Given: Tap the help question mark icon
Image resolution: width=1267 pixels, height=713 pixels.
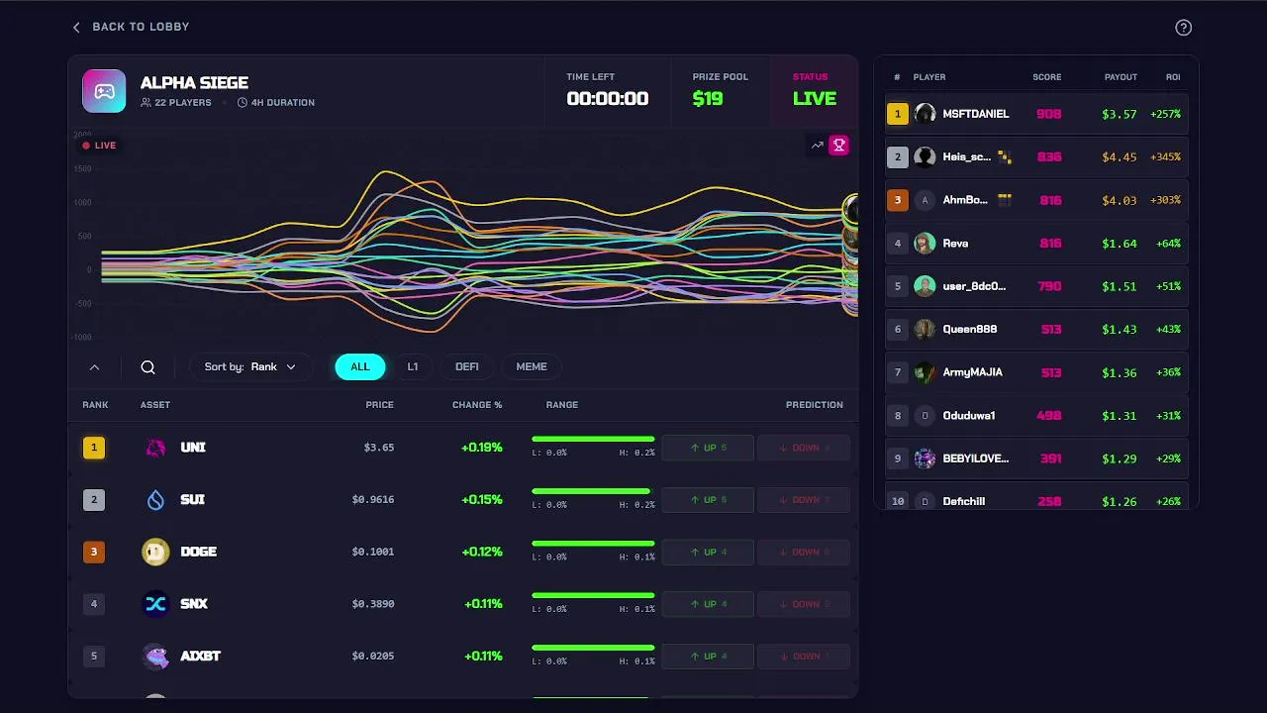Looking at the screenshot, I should [1183, 28].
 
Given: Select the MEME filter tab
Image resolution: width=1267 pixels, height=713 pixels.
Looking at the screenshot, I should [531, 366].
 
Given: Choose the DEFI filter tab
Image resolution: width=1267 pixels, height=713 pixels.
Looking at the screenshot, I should [466, 366].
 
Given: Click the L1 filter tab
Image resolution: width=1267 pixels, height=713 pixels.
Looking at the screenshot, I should [413, 366].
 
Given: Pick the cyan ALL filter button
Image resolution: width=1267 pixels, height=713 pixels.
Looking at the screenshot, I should [359, 366].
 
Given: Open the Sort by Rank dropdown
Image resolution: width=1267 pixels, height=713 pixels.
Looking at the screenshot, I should [250, 366].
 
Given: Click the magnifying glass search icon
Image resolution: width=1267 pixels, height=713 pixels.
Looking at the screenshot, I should [147, 367].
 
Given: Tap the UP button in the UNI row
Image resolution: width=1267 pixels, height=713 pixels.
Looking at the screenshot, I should [708, 448].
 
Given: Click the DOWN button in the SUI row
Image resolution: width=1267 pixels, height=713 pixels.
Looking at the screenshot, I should [804, 500].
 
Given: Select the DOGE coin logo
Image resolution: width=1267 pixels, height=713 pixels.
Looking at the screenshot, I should [155, 552].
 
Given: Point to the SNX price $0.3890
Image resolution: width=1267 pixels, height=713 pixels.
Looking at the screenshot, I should [373, 604].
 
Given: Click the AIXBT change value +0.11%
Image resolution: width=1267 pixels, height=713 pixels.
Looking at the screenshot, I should [483, 656].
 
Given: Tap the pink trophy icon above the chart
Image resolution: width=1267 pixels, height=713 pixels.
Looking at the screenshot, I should [838, 146].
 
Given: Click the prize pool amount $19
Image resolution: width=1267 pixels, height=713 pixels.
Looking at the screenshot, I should [708, 98].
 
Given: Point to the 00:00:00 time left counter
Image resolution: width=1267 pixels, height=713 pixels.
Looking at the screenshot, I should [607, 98].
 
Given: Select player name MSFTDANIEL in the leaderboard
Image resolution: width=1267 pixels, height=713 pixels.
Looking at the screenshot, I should [976, 114].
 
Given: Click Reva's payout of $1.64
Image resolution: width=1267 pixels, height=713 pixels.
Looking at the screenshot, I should [1119, 244].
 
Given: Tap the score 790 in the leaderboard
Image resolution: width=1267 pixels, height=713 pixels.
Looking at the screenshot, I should [1048, 286].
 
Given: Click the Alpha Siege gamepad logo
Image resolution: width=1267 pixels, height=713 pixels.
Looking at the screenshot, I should [104, 91].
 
